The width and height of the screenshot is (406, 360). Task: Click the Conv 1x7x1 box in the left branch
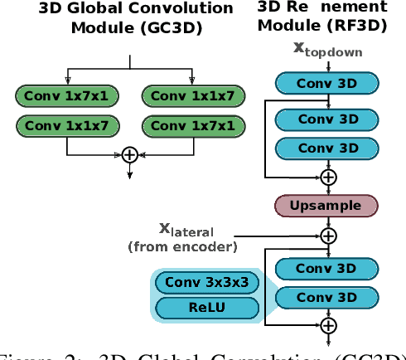(66, 97)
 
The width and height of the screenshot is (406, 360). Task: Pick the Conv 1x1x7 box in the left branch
(66, 126)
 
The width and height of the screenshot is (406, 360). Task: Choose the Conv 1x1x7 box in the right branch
(193, 97)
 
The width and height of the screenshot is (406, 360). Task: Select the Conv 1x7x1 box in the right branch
(193, 126)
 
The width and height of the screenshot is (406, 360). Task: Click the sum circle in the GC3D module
(129, 153)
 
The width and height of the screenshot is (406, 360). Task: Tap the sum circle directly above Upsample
(329, 177)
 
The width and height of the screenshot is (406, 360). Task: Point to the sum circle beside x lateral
(329, 235)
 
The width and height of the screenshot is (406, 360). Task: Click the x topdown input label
(329, 49)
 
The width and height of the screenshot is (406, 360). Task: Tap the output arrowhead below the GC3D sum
(129, 174)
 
